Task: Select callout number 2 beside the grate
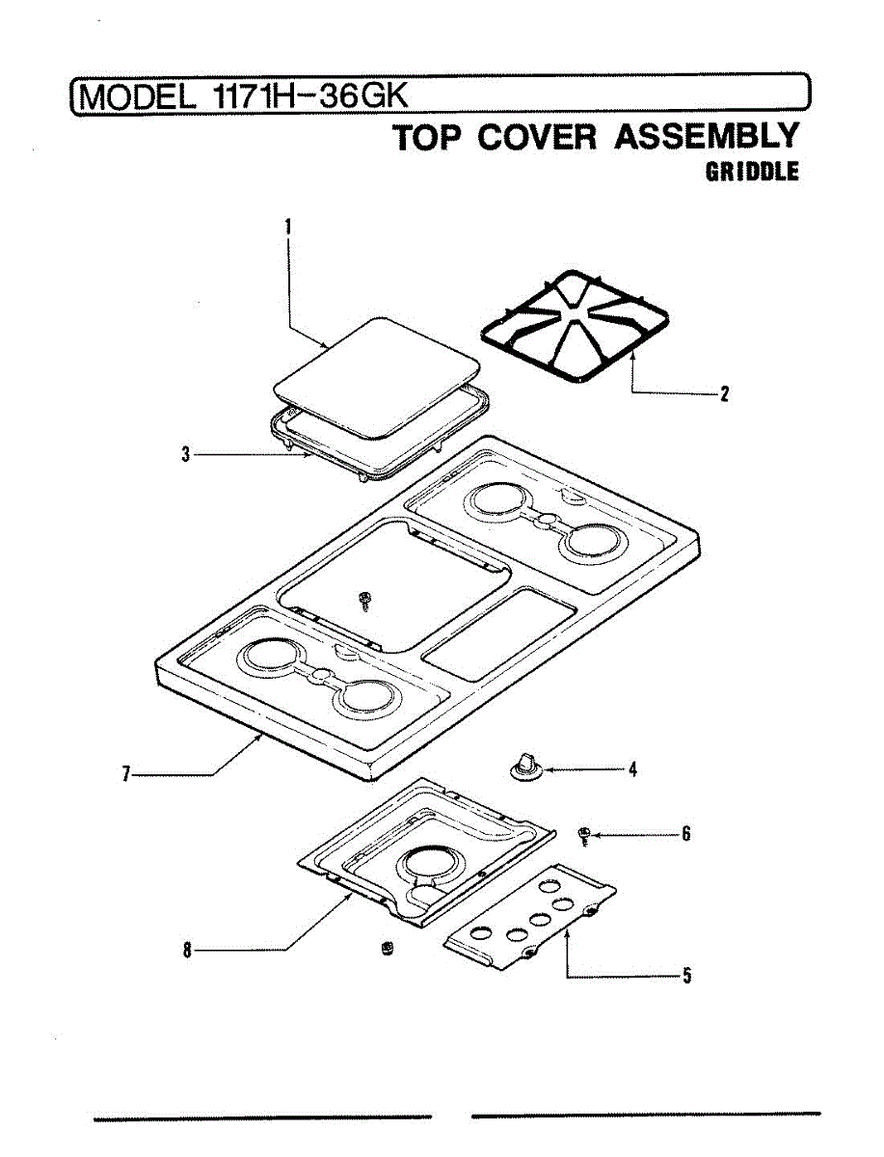pyautogui.click(x=724, y=393)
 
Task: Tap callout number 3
pyautogui.click(x=185, y=454)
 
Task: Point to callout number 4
pyautogui.click(x=632, y=769)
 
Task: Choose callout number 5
pyautogui.click(x=686, y=976)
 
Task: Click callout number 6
pyautogui.click(x=685, y=834)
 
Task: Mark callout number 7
pyautogui.click(x=126, y=773)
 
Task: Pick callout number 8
pyautogui.click(x=187, y=951)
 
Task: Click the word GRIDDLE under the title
pyautogui.click(x=752, y=173)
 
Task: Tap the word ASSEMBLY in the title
pyautogui.click(x=707, y=137)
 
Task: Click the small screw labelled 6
pyautogui.click(x=583, y=834)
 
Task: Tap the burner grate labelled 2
pyautogui.click(x=576, y=327)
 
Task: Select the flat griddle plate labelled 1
pyautogui.click(x=377, y=373)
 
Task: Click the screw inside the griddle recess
pyautogui.click(x=364, y=601)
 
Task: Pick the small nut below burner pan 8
pyautogui.click(x=388, y=949)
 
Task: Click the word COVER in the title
pyautogui.click(x=541, y=137)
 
